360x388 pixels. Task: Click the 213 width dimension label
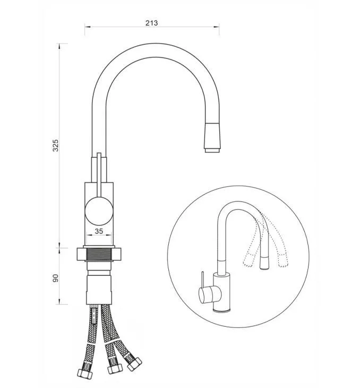tap(151, 23)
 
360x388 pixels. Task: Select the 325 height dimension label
tap(56, 146)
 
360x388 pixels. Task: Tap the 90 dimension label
tap(56, 278)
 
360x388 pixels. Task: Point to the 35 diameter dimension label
tap(99, 231)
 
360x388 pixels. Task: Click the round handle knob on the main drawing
tap(99, 212)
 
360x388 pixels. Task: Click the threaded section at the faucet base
tap(99, 254)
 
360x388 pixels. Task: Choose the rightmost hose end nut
tap(134, 364)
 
